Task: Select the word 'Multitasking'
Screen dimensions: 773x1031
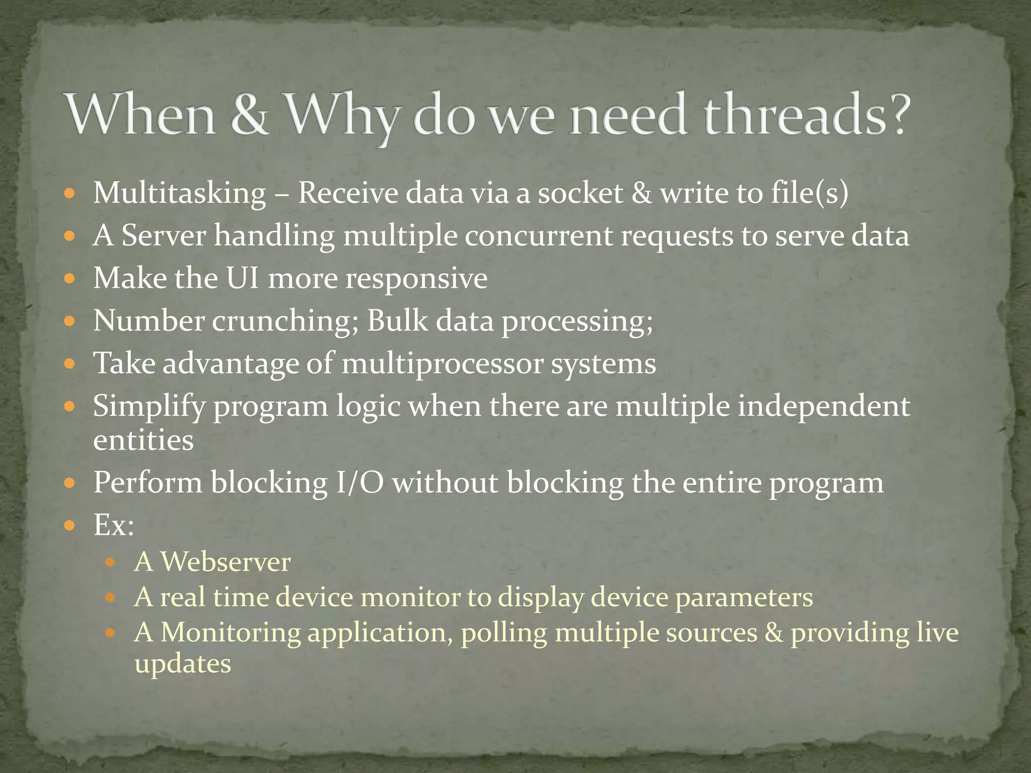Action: (x=180, y=194)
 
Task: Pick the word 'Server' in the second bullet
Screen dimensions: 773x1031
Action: (x=164, y=236)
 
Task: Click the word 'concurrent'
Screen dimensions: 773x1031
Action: (x=538, y=237)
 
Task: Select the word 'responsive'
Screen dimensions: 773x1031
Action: (x=416, y=279)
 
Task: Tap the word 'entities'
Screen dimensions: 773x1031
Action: (x=143, y=440)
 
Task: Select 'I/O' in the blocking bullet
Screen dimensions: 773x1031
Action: (x=359, y=483)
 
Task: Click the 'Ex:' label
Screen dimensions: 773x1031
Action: (x=114, y=525)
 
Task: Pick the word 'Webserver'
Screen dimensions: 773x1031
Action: (x=226, y=562)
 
